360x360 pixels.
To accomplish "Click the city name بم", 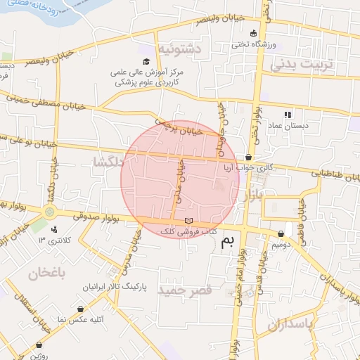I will [227, 243].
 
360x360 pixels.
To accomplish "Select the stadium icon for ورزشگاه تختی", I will [254, 33].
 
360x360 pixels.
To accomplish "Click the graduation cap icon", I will [146, 61].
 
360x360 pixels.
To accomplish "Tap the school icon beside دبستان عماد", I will [288, 114].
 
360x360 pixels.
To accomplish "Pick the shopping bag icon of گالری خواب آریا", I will [248, 157].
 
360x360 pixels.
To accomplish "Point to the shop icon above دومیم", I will [281, 233].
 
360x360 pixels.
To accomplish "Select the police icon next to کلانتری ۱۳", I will [55, 229].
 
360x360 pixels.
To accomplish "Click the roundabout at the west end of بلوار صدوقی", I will [49, 211].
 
